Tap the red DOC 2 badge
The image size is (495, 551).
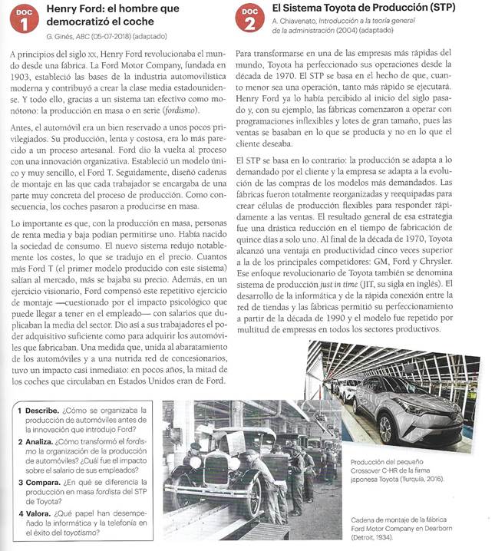point(250,19)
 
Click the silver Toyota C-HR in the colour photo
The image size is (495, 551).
point(407,403)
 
